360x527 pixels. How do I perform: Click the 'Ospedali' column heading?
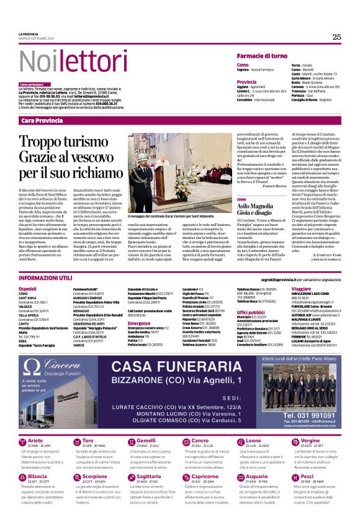coord(28,289)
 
